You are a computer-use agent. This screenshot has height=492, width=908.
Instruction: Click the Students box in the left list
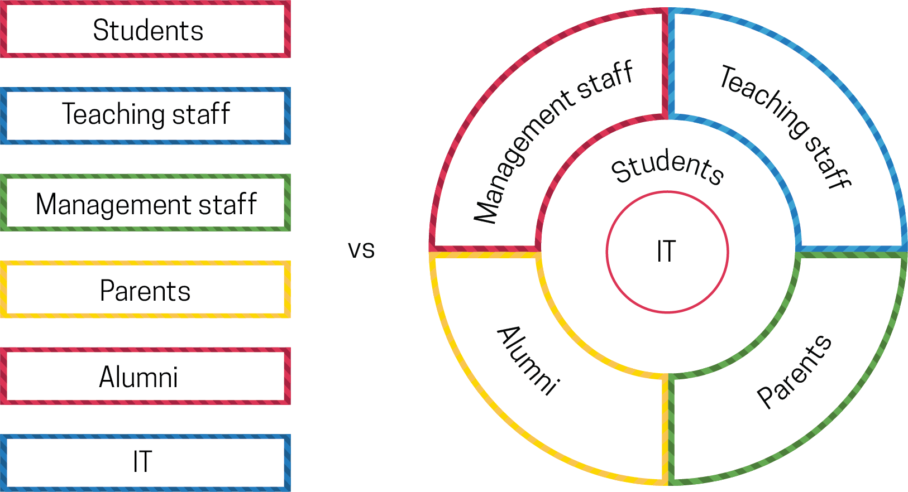(x=145, y=30)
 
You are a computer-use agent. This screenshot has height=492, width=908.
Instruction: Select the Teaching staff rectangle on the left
(x=145, y=115)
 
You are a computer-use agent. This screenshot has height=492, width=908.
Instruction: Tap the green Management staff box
(x=145, y=202)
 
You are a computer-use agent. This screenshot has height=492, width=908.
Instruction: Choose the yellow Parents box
(x=145, y=290)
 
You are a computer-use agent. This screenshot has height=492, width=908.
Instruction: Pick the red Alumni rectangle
(x=145, y=376)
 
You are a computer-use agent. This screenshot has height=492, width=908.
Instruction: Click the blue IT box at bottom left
(x=145, y=462)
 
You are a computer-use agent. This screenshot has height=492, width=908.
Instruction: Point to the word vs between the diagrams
(x=361, y=249)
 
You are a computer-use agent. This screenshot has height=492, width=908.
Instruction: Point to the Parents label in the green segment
(x=794, y=371)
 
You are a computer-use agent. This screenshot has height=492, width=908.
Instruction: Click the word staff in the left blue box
(x=201, y=114)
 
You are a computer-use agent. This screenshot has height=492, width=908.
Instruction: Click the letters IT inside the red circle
(x=666, y=252)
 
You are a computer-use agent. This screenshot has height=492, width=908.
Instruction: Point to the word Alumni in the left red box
(x=138, y=377)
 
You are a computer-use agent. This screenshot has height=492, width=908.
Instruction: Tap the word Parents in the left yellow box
(x=145, y=291)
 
